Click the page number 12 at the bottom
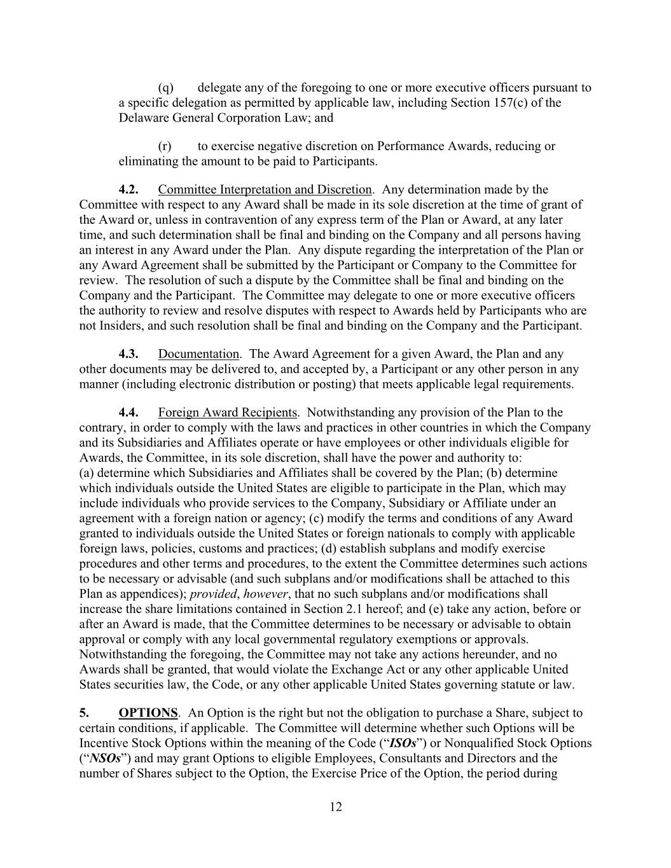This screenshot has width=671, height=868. [336, 807]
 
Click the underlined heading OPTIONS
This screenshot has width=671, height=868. [148, 713]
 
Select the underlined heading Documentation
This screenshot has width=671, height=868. [198, 354]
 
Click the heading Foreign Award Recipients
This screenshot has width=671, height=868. [228, 413]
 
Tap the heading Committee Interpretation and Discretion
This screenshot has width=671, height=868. [265, 189]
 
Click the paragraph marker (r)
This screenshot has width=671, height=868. [165, 146]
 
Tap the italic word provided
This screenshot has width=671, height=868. [213, 594]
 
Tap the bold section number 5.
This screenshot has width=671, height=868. [83, 713]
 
